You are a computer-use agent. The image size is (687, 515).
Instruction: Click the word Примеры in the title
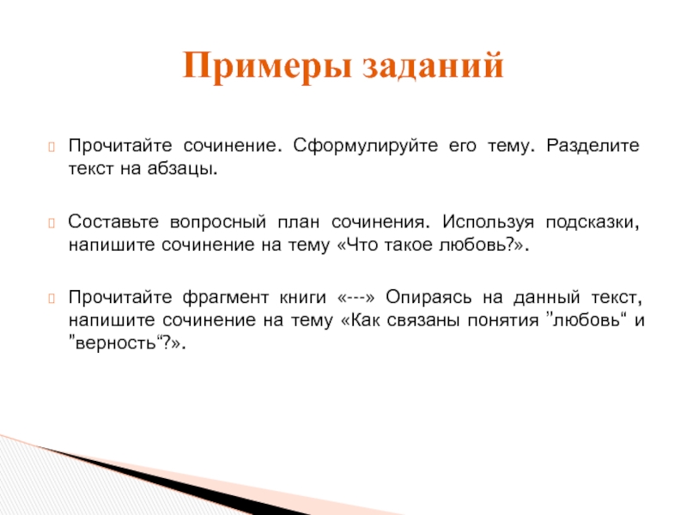[x=267, y=66]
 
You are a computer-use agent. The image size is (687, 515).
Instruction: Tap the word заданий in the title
[x=434, y=66]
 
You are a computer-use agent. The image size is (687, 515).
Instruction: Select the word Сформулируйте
[x=366, y=146]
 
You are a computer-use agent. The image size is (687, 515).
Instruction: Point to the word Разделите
[x=593, y=146]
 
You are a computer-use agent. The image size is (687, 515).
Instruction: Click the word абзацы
[x=182, y=168]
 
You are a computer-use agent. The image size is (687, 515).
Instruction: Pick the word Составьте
[x=113, y=221]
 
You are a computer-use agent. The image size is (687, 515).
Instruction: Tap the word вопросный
[x=218, y=222]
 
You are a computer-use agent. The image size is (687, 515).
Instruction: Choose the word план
[x=298, y=221]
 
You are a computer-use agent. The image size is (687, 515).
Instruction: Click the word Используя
[x=488, y=222]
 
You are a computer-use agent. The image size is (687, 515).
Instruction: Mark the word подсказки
[x=593, y=222]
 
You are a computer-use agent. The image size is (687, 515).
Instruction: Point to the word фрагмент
[x=226, y=298]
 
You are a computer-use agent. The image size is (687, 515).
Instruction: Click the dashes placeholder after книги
[x=356, y=298]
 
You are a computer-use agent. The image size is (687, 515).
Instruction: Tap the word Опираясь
[x=429, y=298]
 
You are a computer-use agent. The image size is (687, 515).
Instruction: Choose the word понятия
[x=503, y=320]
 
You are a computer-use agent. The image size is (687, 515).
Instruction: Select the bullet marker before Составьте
[x=52, y=223]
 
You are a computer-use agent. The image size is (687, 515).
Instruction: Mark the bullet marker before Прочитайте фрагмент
[x=52, y=299]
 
